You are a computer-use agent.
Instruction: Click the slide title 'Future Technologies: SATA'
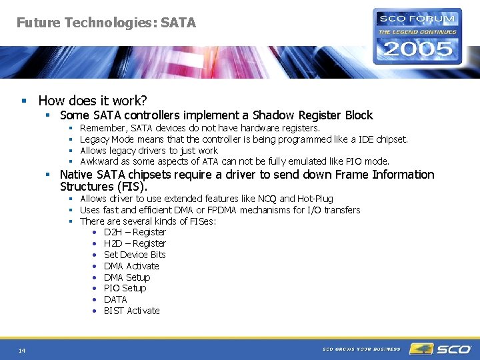(106, 23)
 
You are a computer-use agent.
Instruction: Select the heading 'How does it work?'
(93, 101)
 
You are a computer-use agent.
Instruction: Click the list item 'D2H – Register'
(135, 232)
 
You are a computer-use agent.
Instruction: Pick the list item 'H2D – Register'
(135, 243)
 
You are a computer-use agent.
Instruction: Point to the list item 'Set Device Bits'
(135, 255)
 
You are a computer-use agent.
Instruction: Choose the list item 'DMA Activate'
(131, 266)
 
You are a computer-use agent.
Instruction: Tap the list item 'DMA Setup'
(127, 277)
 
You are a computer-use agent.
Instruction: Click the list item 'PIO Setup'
(125, 288)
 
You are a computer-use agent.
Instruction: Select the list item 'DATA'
(115, 299)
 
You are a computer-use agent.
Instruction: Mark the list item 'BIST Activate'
(132, 311)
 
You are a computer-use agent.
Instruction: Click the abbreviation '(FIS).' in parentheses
(130, 187)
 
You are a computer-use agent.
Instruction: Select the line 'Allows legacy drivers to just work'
(149, 150)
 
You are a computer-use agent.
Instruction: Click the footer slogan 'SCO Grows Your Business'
(361, 349)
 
